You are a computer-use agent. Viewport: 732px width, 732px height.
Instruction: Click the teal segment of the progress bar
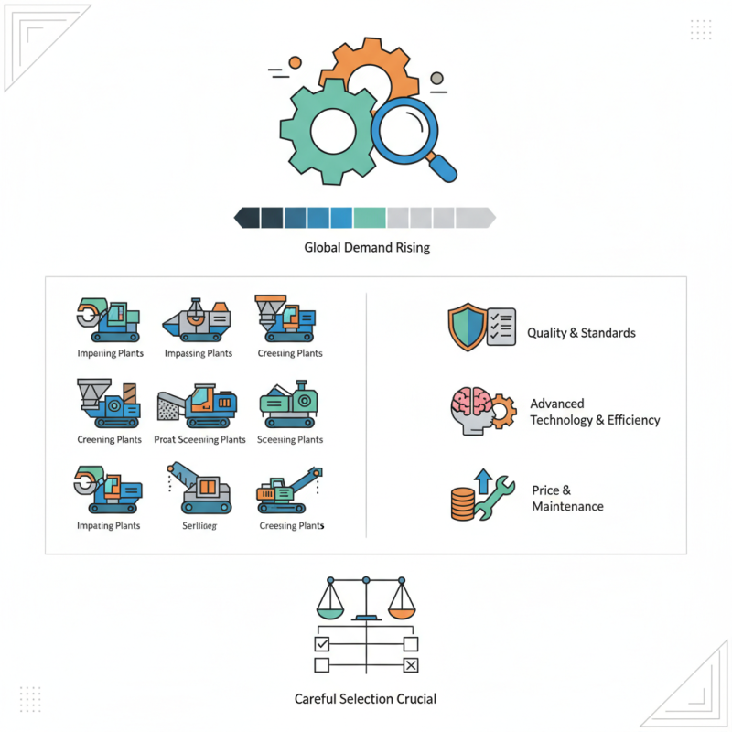[370, 218]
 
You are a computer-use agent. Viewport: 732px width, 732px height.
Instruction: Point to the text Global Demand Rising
[366, 247]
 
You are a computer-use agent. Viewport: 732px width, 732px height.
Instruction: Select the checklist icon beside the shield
[501, 326]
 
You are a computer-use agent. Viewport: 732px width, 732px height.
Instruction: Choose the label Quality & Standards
[581, 333]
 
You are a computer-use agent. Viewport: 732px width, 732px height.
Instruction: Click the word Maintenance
[567, 506]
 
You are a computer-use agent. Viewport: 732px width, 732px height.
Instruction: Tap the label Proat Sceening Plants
[200, 439]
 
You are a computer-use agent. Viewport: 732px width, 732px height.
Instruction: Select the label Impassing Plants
[199, 353]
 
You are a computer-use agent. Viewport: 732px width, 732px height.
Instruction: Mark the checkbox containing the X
[411, 665]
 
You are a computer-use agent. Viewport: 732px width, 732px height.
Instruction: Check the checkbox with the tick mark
[321, 645]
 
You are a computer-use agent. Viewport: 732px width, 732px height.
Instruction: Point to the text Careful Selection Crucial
[366, 699]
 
